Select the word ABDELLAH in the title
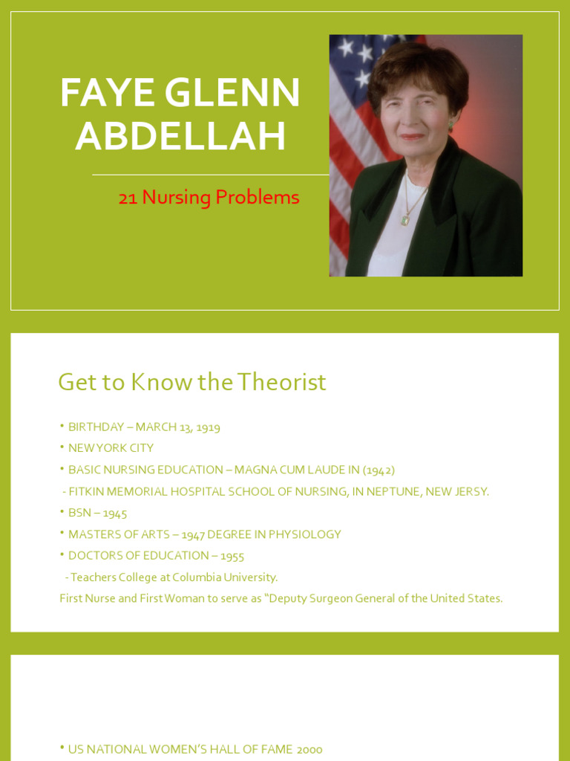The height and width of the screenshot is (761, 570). pyautogui.click(x=180, y=136)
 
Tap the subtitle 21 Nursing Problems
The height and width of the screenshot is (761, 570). pyautogui.click(x=209, y=198)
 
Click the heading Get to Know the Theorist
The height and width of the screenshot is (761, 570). pyautogui.click(x=192, y=382)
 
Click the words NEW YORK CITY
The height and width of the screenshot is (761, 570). pyautogui.click(x=111, y=448)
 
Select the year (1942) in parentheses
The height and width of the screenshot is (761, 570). pyautogui.click(x=379, y=470)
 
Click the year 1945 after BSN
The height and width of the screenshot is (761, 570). pyautogui.click(x=115, y=513)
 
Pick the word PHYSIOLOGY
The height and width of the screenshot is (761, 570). pyautogui.click(x=306, y=534)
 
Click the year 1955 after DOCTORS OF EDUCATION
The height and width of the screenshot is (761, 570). pyautogui.click(x=232, y=556)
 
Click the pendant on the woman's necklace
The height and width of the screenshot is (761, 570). pyautogui.click(x=405, y=219)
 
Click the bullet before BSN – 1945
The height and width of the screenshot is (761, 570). pyautogui.click(x=62, y=512)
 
